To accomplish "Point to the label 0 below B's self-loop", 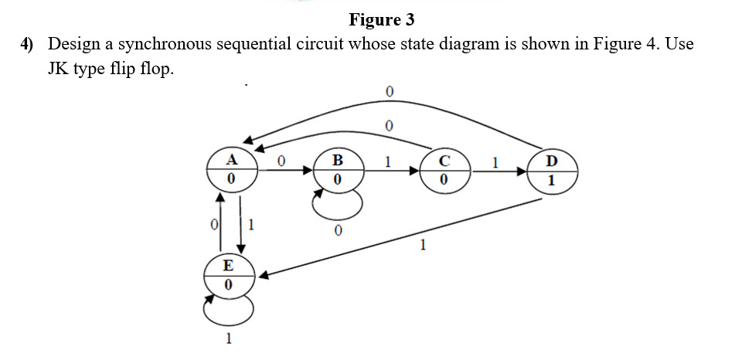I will [x=338, y=231].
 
